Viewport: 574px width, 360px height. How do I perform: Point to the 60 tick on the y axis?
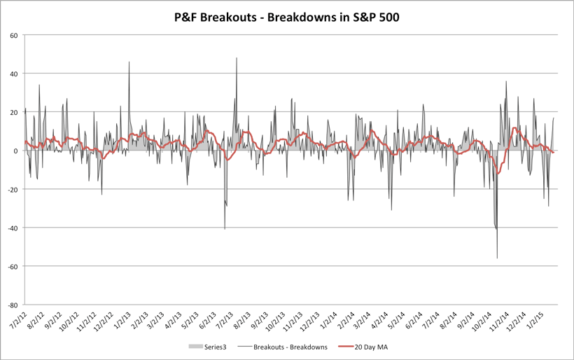13,35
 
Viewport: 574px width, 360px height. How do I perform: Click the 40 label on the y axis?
13,74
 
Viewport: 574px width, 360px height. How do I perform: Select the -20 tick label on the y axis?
12,189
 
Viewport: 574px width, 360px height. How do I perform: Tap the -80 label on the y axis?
12,305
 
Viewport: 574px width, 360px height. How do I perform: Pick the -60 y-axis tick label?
12,266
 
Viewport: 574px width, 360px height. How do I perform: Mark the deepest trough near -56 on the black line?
497,258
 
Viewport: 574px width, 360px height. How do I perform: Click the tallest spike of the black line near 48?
237,58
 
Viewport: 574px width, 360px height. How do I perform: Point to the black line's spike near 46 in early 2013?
129,62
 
